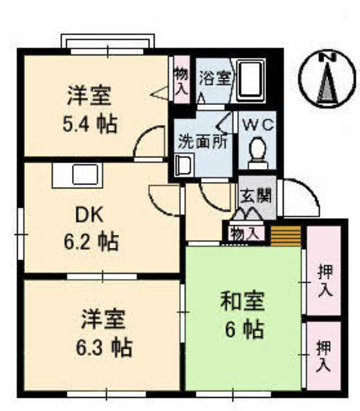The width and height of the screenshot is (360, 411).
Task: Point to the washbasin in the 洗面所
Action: click(183, 165)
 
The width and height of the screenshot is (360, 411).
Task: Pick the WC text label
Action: click(257, 125)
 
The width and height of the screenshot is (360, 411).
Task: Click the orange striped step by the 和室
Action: click(287, 236)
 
